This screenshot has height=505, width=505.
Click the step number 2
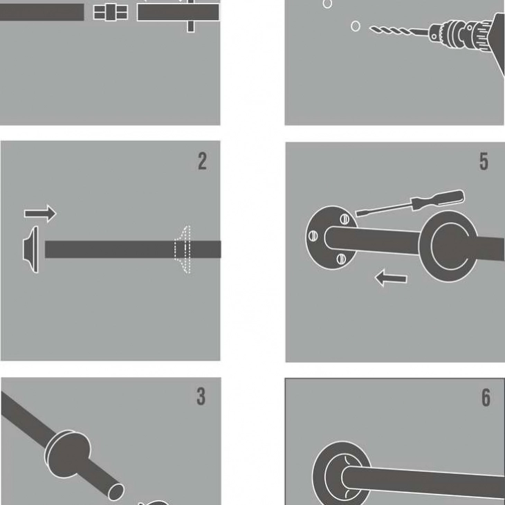[x=202, y=161]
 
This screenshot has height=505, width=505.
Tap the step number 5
[x=484, y=161]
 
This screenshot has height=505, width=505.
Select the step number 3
[x=201, y=396]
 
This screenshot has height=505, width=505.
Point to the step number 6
[x=486, y=398]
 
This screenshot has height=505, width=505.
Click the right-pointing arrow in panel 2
[x=40, y=213]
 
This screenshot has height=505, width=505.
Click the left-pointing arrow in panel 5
[x=391, y=278]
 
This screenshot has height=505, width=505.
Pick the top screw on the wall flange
[x=345, y=219]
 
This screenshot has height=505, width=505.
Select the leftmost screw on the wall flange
[x=313, y=236]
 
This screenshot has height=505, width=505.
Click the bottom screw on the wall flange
[x=341, y=259]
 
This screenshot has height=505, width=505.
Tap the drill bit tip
[x=370, y=28]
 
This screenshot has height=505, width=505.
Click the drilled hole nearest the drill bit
[x=356, y=26]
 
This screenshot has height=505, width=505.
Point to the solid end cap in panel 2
[x=30, y=249]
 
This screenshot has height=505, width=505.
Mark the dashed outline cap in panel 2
[x=183, y=249]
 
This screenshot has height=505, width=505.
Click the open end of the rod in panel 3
[x=116, y=492]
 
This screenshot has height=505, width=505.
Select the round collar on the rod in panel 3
[x=68, y=454]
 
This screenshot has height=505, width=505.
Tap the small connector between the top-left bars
[x=111, y=12]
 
